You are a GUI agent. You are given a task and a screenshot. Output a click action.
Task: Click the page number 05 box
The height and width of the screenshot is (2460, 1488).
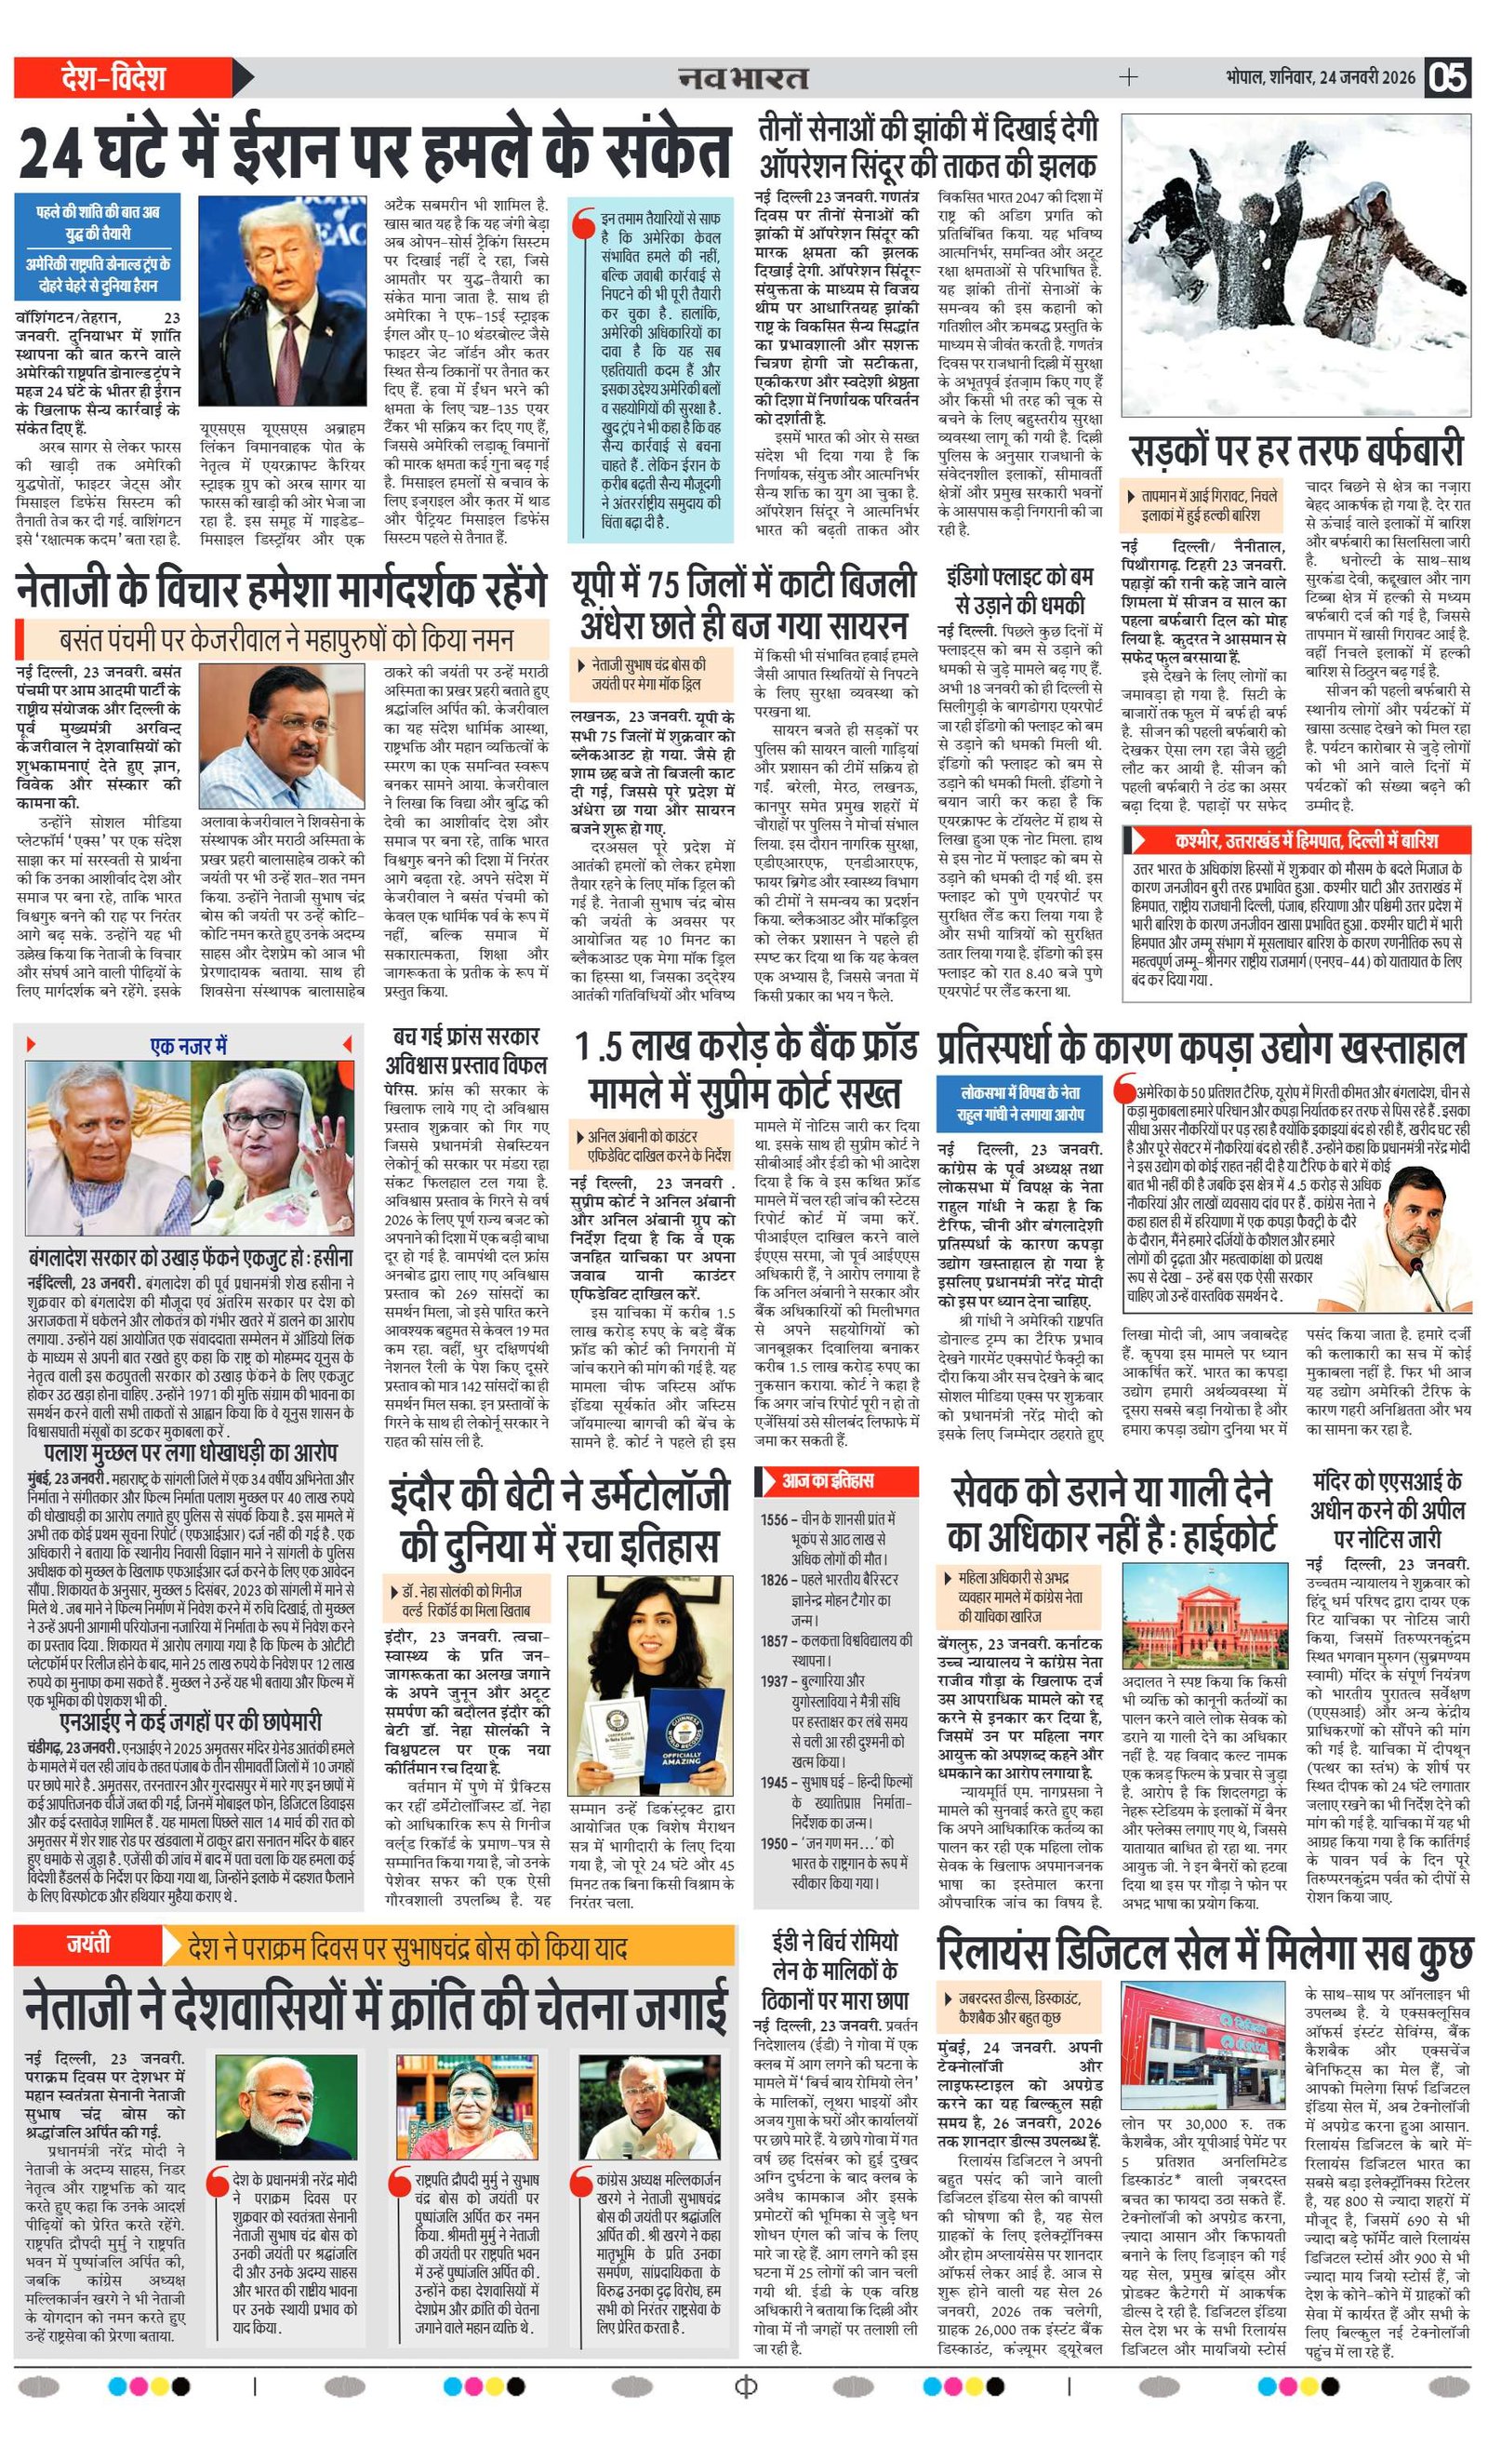click(1448, 77)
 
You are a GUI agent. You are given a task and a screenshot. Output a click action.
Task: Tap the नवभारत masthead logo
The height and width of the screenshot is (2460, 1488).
click(743, 77)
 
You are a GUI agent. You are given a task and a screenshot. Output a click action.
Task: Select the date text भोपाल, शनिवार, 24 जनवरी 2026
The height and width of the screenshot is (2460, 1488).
click(1321, 77)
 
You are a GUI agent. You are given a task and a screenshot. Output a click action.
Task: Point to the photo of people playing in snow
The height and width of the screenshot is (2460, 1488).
click(1295, 264)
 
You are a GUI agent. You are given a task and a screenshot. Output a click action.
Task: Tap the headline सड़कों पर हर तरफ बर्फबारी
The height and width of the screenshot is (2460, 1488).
click(1295, 451)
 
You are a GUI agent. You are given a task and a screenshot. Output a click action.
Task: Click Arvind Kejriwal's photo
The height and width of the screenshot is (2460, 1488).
click(283, 736)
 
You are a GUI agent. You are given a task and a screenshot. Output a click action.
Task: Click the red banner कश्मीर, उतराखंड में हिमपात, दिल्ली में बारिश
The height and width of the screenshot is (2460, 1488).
click(1295, 839)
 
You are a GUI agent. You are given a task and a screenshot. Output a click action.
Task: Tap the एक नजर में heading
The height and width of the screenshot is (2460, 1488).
click(189, 1045)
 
